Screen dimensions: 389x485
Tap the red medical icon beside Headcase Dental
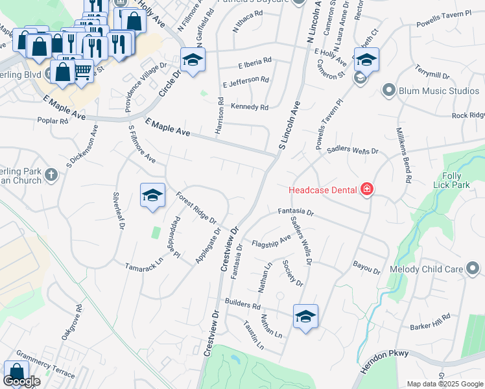click(x=367, y=189)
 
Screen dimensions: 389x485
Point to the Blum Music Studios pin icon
click(x=389, y=90)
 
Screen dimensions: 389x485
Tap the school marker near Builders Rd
click(x=305, y=316)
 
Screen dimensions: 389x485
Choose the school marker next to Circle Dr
click(x=193, y=60)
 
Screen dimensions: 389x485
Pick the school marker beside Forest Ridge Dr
click(x=152, y=195)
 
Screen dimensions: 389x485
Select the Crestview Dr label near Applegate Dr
click(x=230, y=249)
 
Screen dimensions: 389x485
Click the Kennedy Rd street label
click(x=250, y=107)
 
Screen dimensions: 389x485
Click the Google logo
click(x=21, y=381)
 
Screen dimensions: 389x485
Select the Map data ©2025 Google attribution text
click(x=444, y=384)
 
